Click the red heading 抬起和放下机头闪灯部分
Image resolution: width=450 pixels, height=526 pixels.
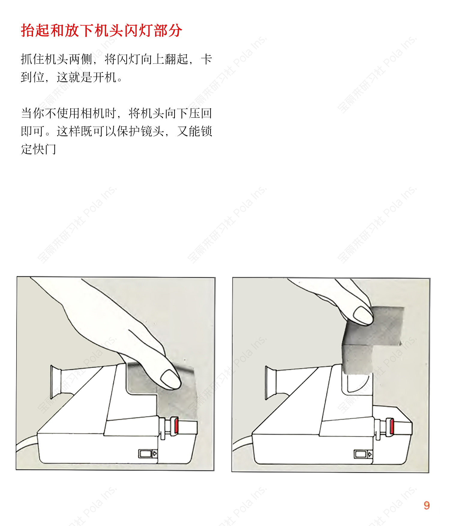pos(101,31)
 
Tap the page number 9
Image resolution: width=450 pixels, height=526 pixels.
pos(427,505)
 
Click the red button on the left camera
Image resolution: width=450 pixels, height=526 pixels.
pos(176,425)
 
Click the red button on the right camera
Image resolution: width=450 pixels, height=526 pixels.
pos(391,426)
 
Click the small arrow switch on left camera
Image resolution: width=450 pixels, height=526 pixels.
pos(148,454)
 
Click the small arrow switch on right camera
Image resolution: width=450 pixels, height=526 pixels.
pos(363,454)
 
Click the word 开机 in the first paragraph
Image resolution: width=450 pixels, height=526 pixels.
pos(104,77)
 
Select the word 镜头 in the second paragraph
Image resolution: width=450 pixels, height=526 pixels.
pos(152,131)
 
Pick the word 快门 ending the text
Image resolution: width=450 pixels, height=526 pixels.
pos(44,149)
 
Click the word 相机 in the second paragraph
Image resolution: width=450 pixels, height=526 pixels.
pos(92,113)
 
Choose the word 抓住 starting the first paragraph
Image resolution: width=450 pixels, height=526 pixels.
pos(32,59)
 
